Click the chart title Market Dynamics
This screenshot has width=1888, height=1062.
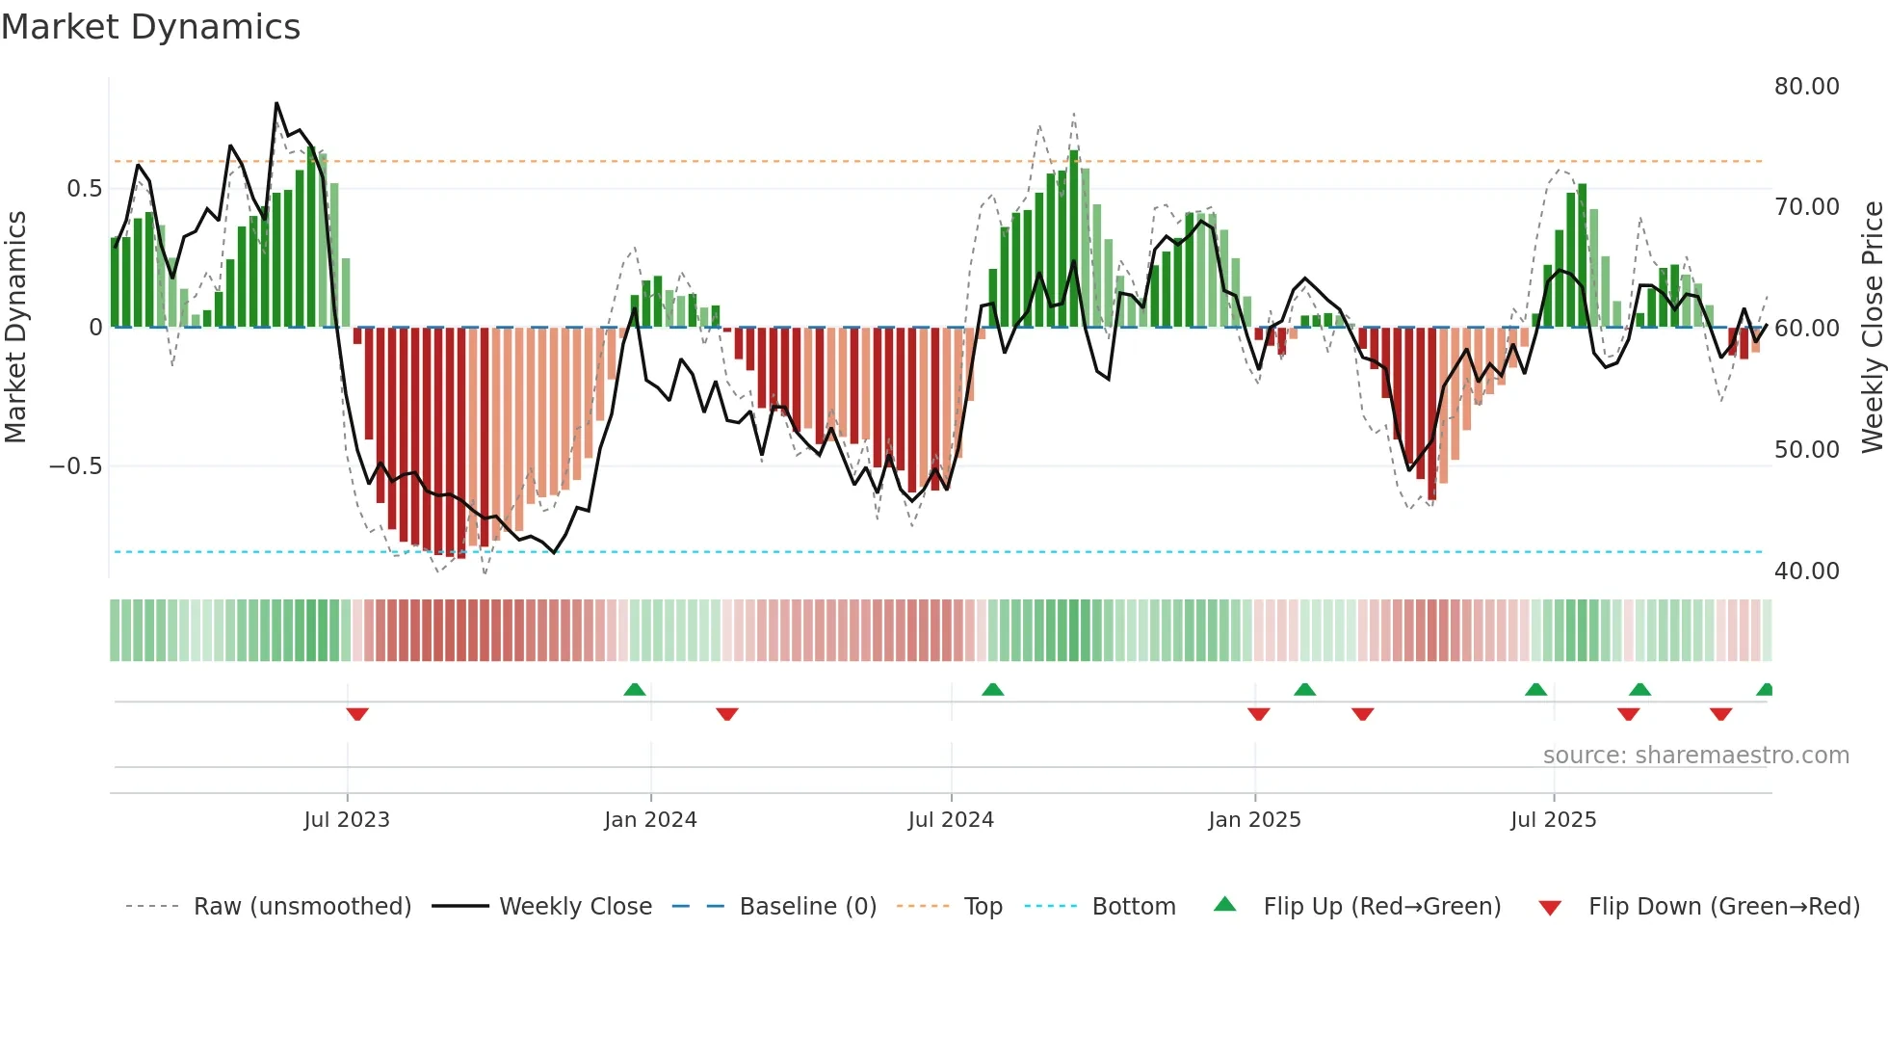click(151, 27)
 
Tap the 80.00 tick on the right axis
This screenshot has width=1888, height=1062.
click(1806, 87)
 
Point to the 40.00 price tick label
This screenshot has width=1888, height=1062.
click(1806, 571)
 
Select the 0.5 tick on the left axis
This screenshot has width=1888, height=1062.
click(84, 189)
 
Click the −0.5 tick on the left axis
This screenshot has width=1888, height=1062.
click(75, 466)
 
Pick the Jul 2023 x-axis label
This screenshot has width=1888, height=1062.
click(347, 820)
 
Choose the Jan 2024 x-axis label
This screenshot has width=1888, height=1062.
click(650, 820)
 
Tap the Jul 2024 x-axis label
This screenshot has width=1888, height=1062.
click(951, 820)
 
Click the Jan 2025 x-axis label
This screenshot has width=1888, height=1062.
click(1254, 820)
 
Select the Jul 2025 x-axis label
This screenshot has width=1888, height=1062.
click(1553, 820)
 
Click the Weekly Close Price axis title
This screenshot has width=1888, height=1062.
click(1872, 328)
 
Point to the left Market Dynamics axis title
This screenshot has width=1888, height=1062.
click(15, 328)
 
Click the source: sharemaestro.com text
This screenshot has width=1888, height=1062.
click(1695, 756)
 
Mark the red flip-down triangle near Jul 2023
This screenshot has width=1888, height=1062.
click(357, 714)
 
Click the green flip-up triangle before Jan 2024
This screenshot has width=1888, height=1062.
click(634, 689)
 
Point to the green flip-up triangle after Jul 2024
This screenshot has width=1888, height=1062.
click(992, 689)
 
